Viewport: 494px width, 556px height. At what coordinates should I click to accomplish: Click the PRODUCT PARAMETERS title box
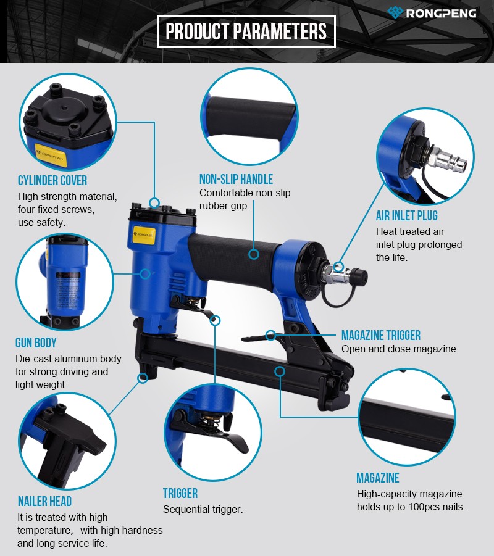coord(246,31)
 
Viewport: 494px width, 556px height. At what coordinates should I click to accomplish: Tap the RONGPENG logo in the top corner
coord(432,13)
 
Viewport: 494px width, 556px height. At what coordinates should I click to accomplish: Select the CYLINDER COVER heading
coord(52,180)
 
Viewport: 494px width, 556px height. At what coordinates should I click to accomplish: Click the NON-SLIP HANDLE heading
coord(236,179)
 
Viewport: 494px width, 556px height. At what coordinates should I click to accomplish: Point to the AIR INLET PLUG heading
coord(407,215)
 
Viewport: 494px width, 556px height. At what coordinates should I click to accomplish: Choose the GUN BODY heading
coord(36,343)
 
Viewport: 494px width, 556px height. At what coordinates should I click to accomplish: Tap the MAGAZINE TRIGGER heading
coord(381,335)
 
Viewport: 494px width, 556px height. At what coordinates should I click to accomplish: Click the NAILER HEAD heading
coord(44,502)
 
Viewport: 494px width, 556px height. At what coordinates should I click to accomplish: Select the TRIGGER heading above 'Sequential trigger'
coord(180,493)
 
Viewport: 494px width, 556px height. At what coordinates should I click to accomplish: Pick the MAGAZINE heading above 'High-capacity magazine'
coord(378,478)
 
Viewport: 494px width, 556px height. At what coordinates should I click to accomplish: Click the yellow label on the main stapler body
coord(144,235)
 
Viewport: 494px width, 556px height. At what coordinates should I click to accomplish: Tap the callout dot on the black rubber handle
coord(254,254)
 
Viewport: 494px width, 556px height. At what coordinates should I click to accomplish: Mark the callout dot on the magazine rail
coord(280,371)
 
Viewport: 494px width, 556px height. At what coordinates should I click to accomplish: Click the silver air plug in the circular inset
coord(446,159)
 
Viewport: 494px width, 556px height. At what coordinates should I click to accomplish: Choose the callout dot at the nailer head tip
coord(143,378)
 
